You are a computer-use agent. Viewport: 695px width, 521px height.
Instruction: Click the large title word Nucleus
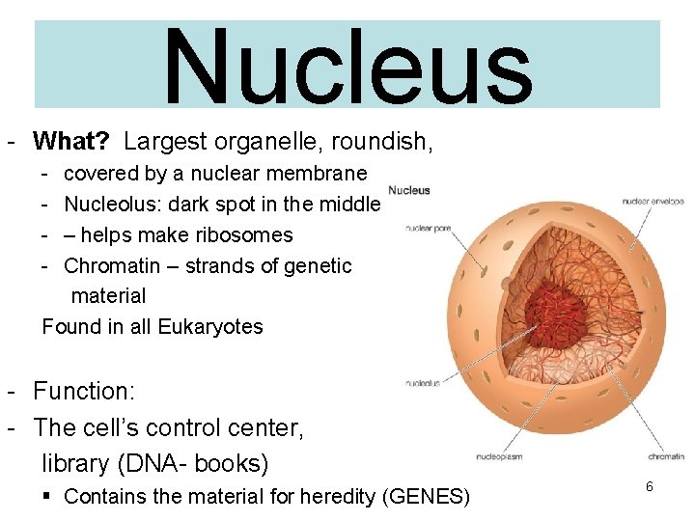347,68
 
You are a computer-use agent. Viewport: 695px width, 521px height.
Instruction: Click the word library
75,463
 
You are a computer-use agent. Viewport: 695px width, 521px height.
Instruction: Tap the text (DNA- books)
192,463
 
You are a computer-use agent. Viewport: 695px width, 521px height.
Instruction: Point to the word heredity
343,497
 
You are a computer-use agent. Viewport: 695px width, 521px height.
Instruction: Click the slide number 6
650,487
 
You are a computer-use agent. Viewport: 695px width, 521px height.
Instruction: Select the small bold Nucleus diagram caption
409,190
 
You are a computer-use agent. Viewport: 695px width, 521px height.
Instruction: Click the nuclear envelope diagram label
653,202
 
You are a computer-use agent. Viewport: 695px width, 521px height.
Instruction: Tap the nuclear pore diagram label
428,229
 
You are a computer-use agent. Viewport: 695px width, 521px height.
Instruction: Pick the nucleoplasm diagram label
499,456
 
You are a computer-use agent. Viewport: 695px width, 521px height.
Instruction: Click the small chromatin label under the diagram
666,456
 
